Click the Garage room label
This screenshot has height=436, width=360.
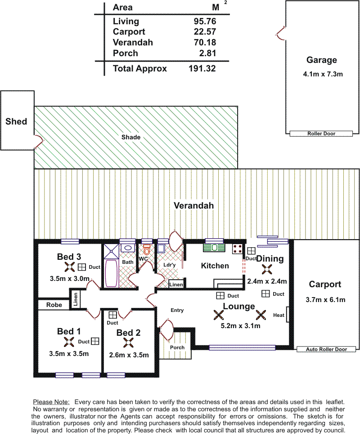click(322, 60)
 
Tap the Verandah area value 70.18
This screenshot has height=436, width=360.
click(205, 43)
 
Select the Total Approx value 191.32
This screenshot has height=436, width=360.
click(202, 69)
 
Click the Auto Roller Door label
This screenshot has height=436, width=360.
click(326, 349)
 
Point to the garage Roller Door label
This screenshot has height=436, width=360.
click(321, 134)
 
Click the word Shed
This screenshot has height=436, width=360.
click(16, 121)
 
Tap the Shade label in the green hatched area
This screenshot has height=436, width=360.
click(131, 137)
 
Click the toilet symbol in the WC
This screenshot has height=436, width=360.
click(147, 250)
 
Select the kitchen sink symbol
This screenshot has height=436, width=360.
click(214, 247)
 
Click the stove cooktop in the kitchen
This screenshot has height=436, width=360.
click(238, 249)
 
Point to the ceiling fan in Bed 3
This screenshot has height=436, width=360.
click(69, 267)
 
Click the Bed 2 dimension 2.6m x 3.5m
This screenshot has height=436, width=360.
click(129, 355)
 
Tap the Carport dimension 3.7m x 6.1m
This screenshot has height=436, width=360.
click(325, 300)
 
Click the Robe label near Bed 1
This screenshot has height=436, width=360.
click(54, 305)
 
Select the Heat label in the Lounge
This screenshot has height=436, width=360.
click(279, 315)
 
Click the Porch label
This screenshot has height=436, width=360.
click(177, 347)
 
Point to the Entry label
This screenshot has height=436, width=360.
click(177, 310)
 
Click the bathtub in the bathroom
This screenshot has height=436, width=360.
click(111, 273)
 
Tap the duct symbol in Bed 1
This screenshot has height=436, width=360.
click(95, 341)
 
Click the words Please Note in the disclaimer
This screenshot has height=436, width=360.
click(51, 402)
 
